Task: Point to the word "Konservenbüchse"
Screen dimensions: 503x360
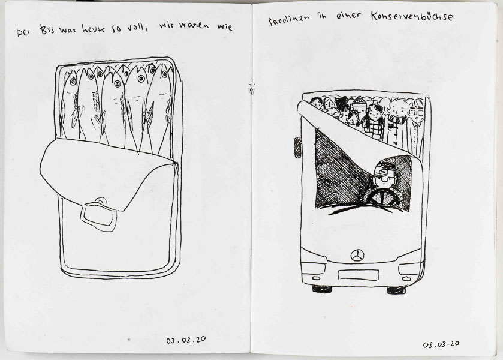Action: pyautogui.click(x=412, y=16)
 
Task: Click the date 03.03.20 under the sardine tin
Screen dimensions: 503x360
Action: pyautogui.click(x=186, y=340)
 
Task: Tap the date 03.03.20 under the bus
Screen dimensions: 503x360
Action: pyautogui.click(x=441, y=344)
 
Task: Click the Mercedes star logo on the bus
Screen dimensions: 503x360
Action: pyautogui.click(x=357, y=256)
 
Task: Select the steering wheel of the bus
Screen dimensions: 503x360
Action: pyautogui.click(x=383, y=197)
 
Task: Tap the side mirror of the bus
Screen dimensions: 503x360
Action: pyautogui.click(x=298, y=148)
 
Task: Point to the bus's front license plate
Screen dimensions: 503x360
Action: pyautogui.click(x=359, y=275)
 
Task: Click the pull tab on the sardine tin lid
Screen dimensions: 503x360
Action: pyautogui.click(x=99, y=215)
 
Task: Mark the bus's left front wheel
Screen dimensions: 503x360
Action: pyautogui.click(x=322, y=289)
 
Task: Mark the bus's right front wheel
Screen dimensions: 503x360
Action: pyautogui.click(x=396, y=290)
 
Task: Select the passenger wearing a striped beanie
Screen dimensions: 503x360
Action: pyautogui.click(x=359, y=111)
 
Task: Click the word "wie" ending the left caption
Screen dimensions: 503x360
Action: pyautogui.click(x=225, y=26)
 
